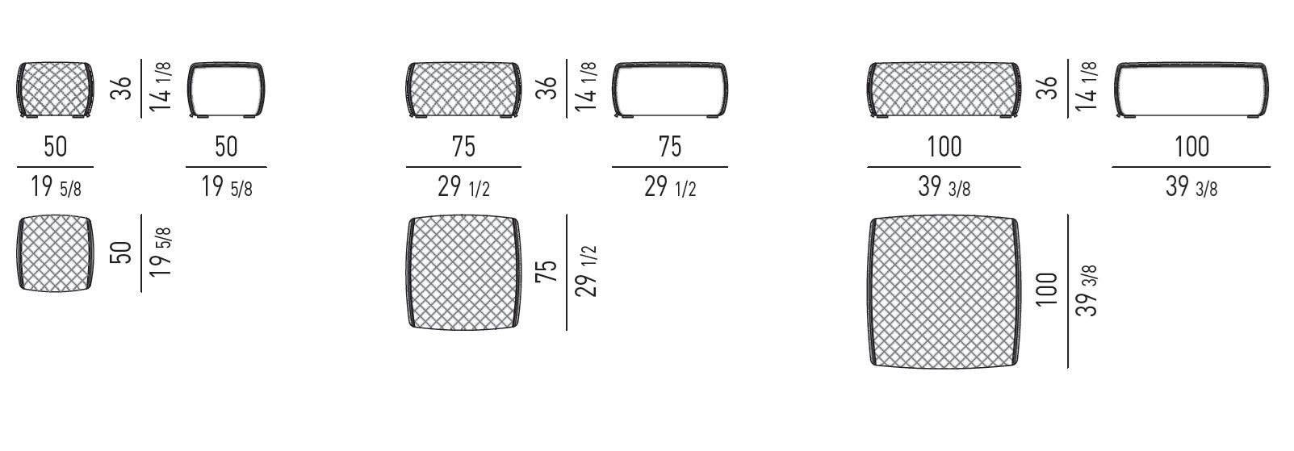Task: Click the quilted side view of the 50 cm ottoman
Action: [x=56, y=90]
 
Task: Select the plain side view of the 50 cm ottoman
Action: [x=226, y=90]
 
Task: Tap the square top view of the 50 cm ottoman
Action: [x=56, y=253]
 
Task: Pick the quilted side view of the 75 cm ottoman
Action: [x=463, y=90]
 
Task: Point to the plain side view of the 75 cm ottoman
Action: [x=670, y=90]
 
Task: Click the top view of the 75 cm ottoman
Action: [x=463, y=274]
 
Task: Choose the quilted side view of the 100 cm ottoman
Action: [x=944, y=90]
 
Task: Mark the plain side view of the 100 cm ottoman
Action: [x=1191, y=90]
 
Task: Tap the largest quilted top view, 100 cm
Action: [x=944, y=291]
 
